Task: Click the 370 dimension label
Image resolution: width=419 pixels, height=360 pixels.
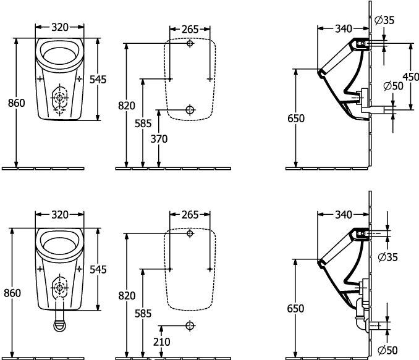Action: pyautogui.click(x=159, y=139)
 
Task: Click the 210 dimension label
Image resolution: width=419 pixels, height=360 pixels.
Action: pyautogui.click(x=162, y=341)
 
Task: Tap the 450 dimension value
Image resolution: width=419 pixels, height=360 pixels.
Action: pyautogui.click(x=411, y=77)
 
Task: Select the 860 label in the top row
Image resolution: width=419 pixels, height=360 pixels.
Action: pyautogui.click(x=16, y=103)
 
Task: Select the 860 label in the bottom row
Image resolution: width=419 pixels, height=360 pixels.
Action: pyautogui.click(x=12, y=293)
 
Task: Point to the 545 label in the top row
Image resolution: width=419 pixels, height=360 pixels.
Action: pyautogui.click(x=98, y=79)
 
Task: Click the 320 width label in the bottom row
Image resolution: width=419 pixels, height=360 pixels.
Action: pyautogui.click(x=60, y=214)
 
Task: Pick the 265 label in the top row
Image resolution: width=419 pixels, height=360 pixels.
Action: pyautogui.click(x=190, y=29)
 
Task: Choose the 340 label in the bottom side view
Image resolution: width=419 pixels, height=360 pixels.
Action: pyautogui.click(x=344, y=214)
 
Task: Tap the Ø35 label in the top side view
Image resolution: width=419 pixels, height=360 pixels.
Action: pyautogui.click(x=384, y=20)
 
